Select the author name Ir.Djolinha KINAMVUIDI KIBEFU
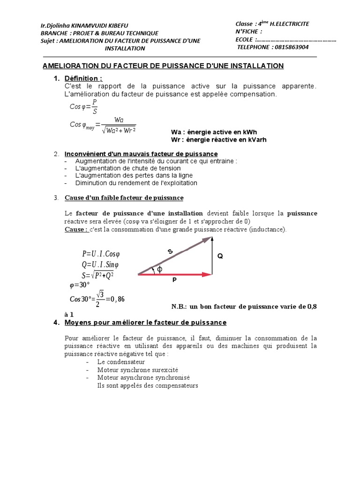coord(84,25)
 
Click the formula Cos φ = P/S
coord(84,107)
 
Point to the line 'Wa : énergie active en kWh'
coord(214,132)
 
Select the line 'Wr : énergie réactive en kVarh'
coord(219,140)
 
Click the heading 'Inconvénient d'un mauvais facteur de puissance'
coord(141,154)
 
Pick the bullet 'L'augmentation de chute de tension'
coord(128,168)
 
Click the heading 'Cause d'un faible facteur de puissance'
coord(124,198)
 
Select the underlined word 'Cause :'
coord(76,229)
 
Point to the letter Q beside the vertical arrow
coord(220,256)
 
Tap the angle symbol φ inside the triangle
coord(159,269)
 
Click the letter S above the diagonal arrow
coord(171,252)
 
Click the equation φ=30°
coord(79,285)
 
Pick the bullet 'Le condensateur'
coord(121,362)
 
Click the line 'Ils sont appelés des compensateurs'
coord(148,385)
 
